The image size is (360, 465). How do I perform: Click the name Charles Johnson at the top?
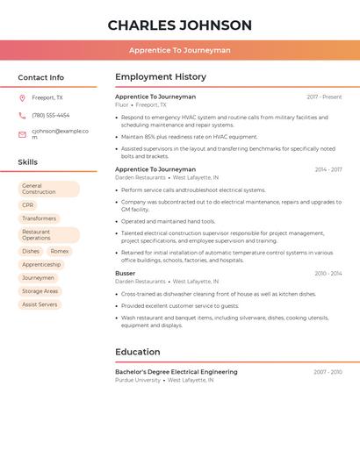180,25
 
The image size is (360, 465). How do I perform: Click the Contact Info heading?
41,77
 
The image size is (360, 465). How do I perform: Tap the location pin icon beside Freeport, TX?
22,98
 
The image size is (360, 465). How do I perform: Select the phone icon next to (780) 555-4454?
22,116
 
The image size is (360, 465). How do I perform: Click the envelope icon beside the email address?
22,134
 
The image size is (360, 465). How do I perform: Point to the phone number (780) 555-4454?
51,116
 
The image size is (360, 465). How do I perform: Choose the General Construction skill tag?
48,189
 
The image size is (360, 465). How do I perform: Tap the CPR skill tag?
28,205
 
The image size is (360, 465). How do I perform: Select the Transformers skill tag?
40,218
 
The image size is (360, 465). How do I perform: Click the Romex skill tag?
60,251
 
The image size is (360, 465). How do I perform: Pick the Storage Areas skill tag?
40,291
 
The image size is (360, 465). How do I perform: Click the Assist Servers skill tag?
40,304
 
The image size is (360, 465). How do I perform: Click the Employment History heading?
161,77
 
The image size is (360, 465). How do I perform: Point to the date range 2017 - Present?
324,97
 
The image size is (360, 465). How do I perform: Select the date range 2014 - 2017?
328,169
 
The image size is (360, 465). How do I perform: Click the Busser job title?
126,274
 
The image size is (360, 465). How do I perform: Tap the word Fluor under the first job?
122,104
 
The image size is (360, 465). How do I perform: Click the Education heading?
138,353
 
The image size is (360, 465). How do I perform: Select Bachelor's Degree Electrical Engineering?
176,372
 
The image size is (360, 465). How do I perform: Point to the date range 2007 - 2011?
328,372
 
